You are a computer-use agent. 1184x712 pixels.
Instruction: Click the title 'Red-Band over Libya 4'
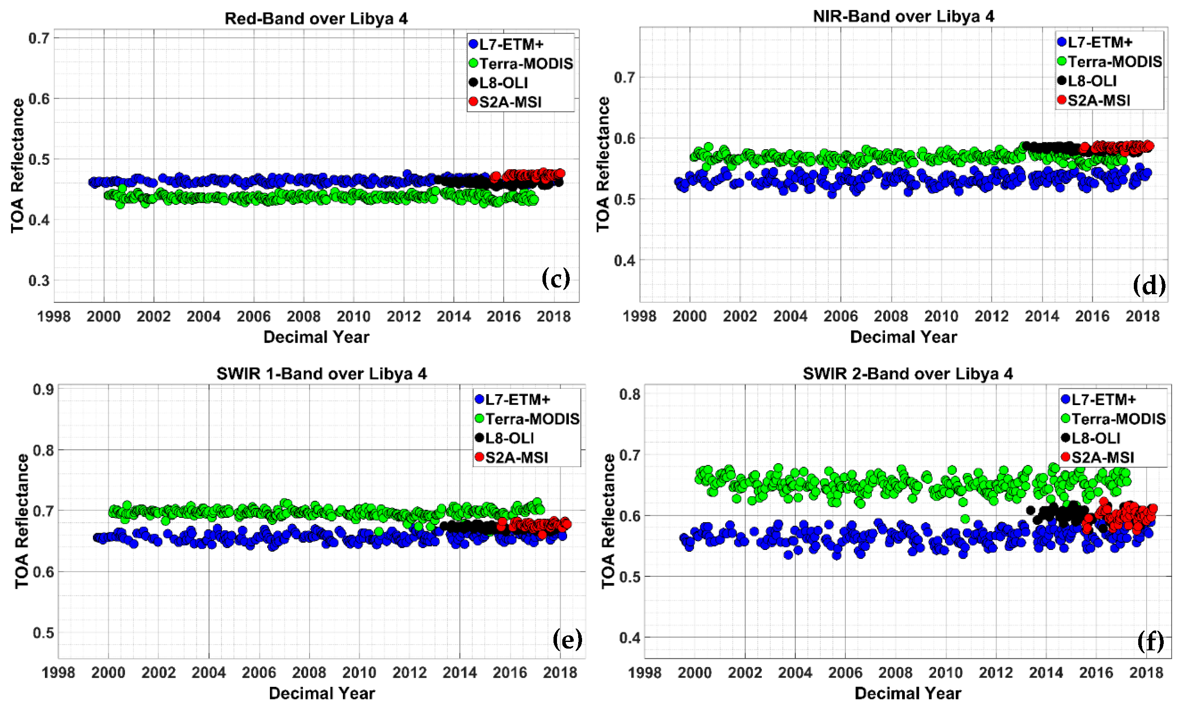(x=316, y=18)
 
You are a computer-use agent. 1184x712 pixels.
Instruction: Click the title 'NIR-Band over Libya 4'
(x=904, y=16)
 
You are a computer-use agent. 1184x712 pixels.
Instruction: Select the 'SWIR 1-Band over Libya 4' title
(x=321, y=374)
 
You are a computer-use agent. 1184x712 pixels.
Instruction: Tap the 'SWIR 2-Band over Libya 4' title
(x=907, y=374)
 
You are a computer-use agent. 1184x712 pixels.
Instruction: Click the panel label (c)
(x=556, y=278)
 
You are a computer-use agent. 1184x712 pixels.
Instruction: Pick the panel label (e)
(x=567, y=639)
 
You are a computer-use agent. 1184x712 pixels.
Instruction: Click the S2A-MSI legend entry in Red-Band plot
(x=510, y=102)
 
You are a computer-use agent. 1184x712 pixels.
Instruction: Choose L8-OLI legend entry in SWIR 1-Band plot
(x=509, y=438)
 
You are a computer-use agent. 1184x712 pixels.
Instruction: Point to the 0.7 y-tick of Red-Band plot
(x=39, y=38)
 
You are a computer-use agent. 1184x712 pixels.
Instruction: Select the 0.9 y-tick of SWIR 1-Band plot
(x=43, y=390)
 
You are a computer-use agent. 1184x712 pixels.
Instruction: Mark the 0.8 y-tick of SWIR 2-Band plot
(x=629, y=395)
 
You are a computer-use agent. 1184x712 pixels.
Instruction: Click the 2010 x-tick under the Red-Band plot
(x=354, y=317)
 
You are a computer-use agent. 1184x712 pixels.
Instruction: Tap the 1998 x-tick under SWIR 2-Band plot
(x=644, y=673)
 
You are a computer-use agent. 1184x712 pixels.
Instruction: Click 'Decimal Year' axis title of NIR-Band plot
(x=904, y=337)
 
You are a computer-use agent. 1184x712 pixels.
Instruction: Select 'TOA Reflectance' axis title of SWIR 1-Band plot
(x=22, y=521)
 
